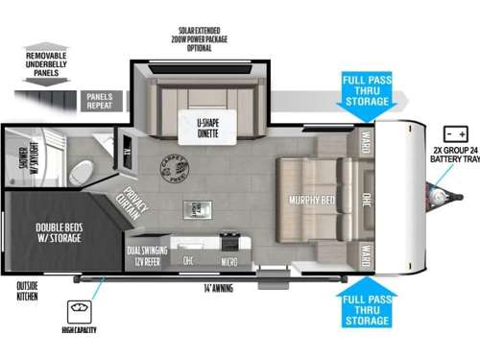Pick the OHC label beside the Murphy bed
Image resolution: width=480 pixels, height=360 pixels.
click(x=367, y=201)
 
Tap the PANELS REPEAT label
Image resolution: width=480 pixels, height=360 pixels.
click(x=100, y=101)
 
